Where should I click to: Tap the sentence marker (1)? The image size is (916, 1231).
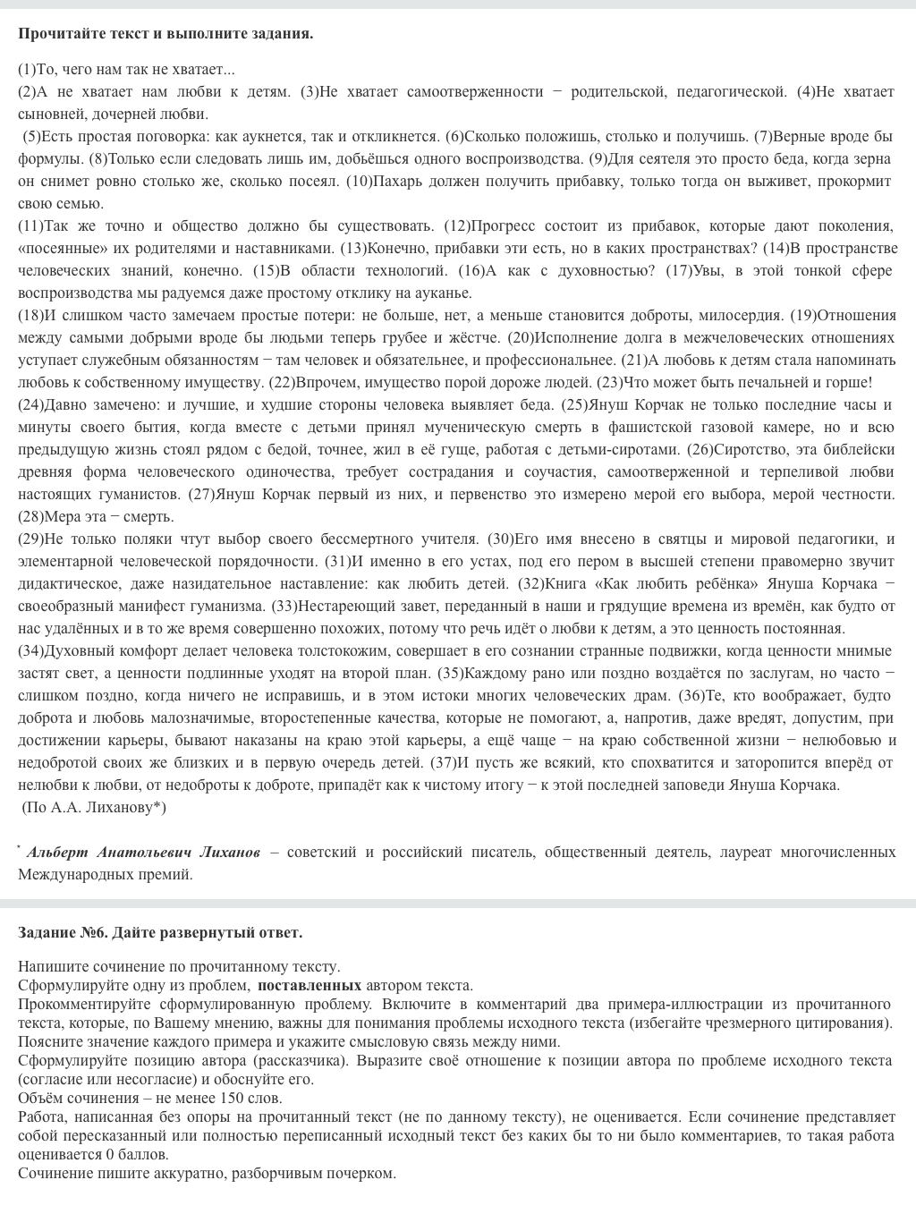(x=27, y=70)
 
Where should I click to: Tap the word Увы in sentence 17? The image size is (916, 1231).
(x=710, y=271)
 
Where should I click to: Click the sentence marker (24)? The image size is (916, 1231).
(x=30, y=405)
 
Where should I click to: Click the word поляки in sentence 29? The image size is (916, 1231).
(x=121, y=539)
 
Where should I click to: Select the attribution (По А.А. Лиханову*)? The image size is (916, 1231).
(x=94, y=808)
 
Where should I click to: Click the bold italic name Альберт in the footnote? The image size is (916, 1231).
(x=57, y=853)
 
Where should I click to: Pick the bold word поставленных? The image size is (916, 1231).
(x=310, y=986)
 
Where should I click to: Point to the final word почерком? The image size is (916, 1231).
(x=360, y=1174)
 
